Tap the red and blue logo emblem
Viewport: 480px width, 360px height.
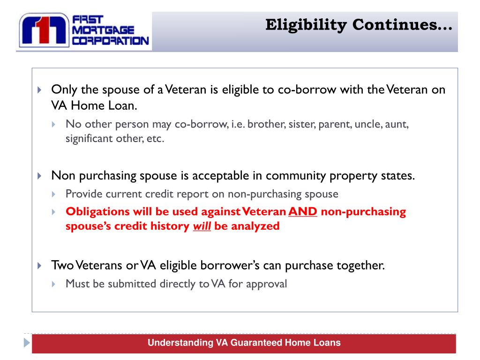pos(44,31)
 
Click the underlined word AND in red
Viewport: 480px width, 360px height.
pos(303,211)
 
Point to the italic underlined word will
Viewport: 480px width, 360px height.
pos(202,226)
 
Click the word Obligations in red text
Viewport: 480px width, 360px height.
pos(97,211)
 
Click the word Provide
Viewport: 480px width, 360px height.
pos(82,194)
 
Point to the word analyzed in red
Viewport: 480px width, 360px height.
pos(255,226)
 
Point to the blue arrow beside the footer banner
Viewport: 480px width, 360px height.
pos(27,343)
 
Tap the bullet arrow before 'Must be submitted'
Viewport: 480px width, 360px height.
pos(54,284)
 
